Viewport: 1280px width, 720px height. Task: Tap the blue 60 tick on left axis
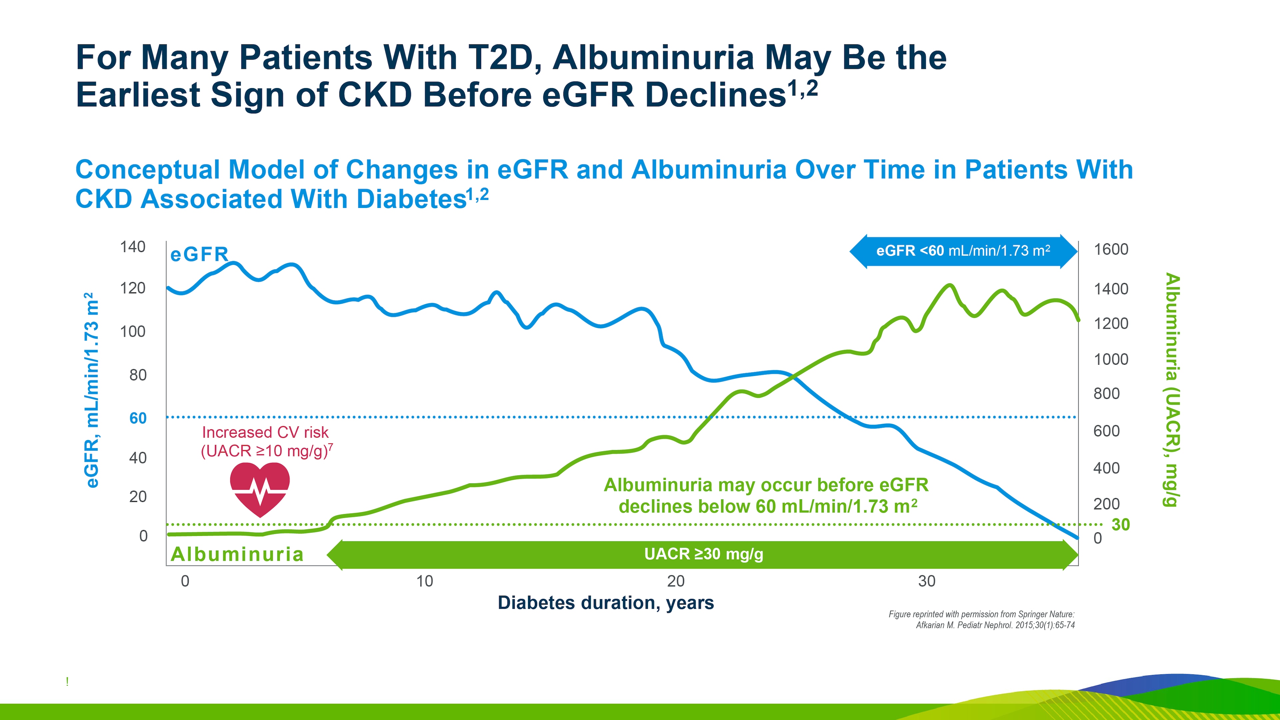click(138, 418)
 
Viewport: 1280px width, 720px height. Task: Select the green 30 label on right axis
click(1120, 524)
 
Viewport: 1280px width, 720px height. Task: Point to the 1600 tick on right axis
click(1111, 249)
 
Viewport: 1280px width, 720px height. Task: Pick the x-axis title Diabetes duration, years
click(606, 602)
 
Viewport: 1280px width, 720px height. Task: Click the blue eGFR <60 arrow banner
click(963, 251)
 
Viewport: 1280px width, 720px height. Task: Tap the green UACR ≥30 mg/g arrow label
click(703, 554)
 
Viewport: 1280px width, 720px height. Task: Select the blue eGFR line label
click(199, 254)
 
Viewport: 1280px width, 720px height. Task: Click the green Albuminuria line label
click(237, 554)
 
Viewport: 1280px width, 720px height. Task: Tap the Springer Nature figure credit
click(981, 620)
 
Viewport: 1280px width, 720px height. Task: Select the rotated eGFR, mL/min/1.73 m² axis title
click(91, 390)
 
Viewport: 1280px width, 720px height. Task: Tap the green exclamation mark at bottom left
click(67, 682)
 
